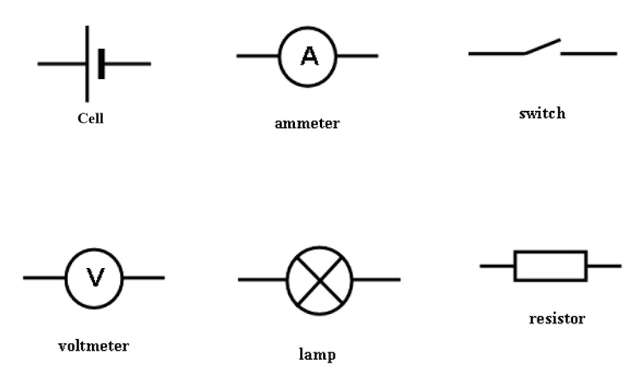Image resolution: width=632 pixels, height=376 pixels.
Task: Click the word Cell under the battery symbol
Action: (x=90, y=118)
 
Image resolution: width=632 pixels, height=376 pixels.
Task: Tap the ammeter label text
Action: (x=307, y=123)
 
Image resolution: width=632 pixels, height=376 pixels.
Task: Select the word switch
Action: (x=542, y=114)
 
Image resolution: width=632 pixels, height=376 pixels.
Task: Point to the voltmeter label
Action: (x=93, y=346)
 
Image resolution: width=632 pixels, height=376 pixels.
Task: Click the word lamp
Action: (x=317, y=354)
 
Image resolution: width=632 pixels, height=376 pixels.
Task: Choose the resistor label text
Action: (x=557, y=318)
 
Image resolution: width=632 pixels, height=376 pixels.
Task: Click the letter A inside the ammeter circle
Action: (x=309, y=57)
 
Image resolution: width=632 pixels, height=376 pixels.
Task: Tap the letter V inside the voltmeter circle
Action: (x=95, y=278)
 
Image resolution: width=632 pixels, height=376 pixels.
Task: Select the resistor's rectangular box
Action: (x=550, y=265)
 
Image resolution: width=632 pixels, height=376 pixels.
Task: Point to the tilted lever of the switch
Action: (x=542, y=46)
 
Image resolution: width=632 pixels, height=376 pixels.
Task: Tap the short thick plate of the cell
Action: (x=101, y=64)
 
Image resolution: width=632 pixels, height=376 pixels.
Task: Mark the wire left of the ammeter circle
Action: (x=258, y=56)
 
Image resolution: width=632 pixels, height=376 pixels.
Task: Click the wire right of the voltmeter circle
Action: (x=144, y=278)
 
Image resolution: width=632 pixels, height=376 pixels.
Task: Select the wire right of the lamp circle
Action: (x=376, y=279)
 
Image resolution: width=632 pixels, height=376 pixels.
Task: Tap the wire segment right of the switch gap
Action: (x=588, y=54)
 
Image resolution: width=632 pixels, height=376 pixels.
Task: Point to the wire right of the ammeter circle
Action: (x=358, y=56)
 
